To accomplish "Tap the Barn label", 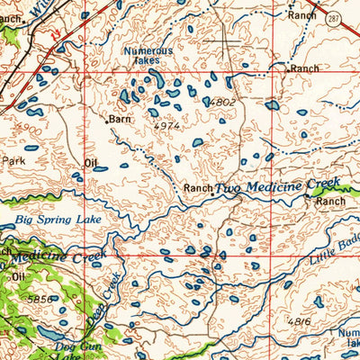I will click(120, 118).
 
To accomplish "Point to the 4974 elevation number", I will click(166, 127).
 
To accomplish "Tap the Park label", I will click(13, 160).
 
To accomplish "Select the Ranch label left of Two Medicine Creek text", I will click(197, 188).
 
